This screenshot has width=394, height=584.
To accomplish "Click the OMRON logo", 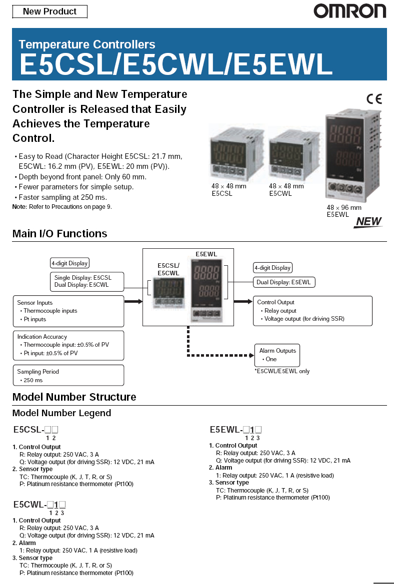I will tap(349, 11).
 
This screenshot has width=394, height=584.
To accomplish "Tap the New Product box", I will tap(49, 11).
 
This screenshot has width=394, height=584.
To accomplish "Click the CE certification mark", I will tap(373, 98).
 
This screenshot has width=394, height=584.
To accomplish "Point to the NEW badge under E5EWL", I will tap(368, 222).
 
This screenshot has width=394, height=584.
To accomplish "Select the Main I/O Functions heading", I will tap(59, 234).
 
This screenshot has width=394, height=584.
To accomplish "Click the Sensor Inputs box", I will tap(68, 311).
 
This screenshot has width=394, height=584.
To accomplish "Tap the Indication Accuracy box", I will tap(68, 345).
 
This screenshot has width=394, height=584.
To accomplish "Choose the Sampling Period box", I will tap(68, 376).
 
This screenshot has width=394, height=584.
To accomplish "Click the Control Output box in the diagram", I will tap(312, 310).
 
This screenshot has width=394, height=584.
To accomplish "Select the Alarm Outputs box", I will tap(277, 355).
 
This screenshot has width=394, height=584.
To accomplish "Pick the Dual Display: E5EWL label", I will tap(283, 282).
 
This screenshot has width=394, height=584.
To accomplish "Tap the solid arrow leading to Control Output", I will tap(243, 301).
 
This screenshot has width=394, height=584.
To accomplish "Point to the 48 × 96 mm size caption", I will tap(344, 207).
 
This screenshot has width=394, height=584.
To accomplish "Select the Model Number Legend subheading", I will tap(61, 413).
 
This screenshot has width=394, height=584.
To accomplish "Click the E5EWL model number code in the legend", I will tap(235, 430).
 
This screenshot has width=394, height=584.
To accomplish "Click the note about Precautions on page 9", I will tap(62, 206).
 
